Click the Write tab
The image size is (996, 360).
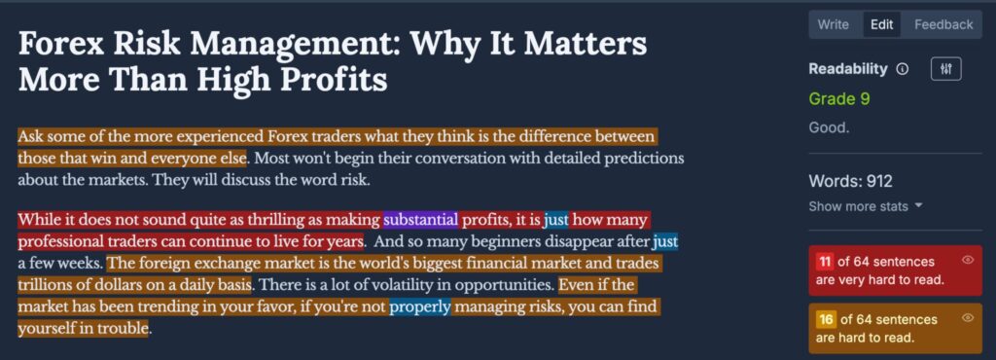coord(833,24)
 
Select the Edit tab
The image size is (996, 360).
coord(881,24)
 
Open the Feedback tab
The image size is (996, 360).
coord(943,24)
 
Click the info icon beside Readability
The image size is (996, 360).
coord(902,69)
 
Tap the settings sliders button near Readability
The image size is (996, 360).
coord(945,69)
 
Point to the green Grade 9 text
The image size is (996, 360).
coord(839,99)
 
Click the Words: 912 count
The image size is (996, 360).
coord(850,182)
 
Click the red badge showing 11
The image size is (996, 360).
coord(825,262)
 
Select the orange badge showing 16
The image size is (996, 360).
coord(825,319)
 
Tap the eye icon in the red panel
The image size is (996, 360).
coord(968,260)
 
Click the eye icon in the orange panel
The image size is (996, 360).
coord(968,317)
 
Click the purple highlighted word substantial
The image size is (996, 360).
coord(420,220)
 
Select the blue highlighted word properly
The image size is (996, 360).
coord(420,307)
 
